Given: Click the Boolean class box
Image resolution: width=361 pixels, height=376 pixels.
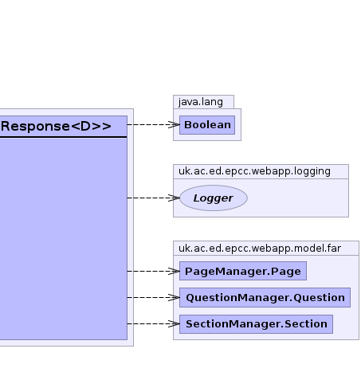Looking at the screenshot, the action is [207, 125].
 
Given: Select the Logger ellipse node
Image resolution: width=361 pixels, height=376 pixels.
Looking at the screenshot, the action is [214, 198].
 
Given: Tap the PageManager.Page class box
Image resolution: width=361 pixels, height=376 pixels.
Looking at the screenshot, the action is [243, 271].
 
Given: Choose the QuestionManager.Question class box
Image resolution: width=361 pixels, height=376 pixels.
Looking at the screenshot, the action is [265, 297].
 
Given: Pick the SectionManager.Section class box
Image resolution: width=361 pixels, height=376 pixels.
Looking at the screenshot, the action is [256, 324].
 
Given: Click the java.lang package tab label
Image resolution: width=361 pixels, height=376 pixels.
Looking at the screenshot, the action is [201, 102].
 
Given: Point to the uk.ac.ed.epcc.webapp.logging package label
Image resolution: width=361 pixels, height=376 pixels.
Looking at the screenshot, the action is [254, 171].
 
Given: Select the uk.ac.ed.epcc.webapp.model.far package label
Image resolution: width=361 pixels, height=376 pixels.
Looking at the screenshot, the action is [260, 249].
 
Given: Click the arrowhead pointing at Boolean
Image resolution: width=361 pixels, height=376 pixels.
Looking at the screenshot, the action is [174, 124].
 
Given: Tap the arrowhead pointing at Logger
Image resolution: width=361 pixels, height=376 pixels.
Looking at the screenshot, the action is [174, 198].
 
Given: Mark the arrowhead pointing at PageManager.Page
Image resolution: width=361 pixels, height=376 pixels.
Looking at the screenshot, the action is [174, 271].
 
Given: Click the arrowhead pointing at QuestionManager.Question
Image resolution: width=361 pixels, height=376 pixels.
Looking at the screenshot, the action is [174, 297].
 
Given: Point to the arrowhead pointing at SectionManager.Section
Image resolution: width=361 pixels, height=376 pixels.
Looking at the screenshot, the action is [174, 323].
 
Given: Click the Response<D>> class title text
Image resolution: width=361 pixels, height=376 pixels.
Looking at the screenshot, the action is [56, 127].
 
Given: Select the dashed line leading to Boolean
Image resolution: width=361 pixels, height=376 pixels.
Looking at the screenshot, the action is [154, 124].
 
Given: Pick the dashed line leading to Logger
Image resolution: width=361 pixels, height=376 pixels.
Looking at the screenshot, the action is [154, 198].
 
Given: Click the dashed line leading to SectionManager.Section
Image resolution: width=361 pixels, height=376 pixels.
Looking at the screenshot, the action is [154, 323].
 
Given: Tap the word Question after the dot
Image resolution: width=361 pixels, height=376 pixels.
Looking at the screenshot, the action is [319, 298].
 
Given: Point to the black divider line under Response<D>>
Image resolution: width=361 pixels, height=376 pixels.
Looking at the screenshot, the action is [64, 137].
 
